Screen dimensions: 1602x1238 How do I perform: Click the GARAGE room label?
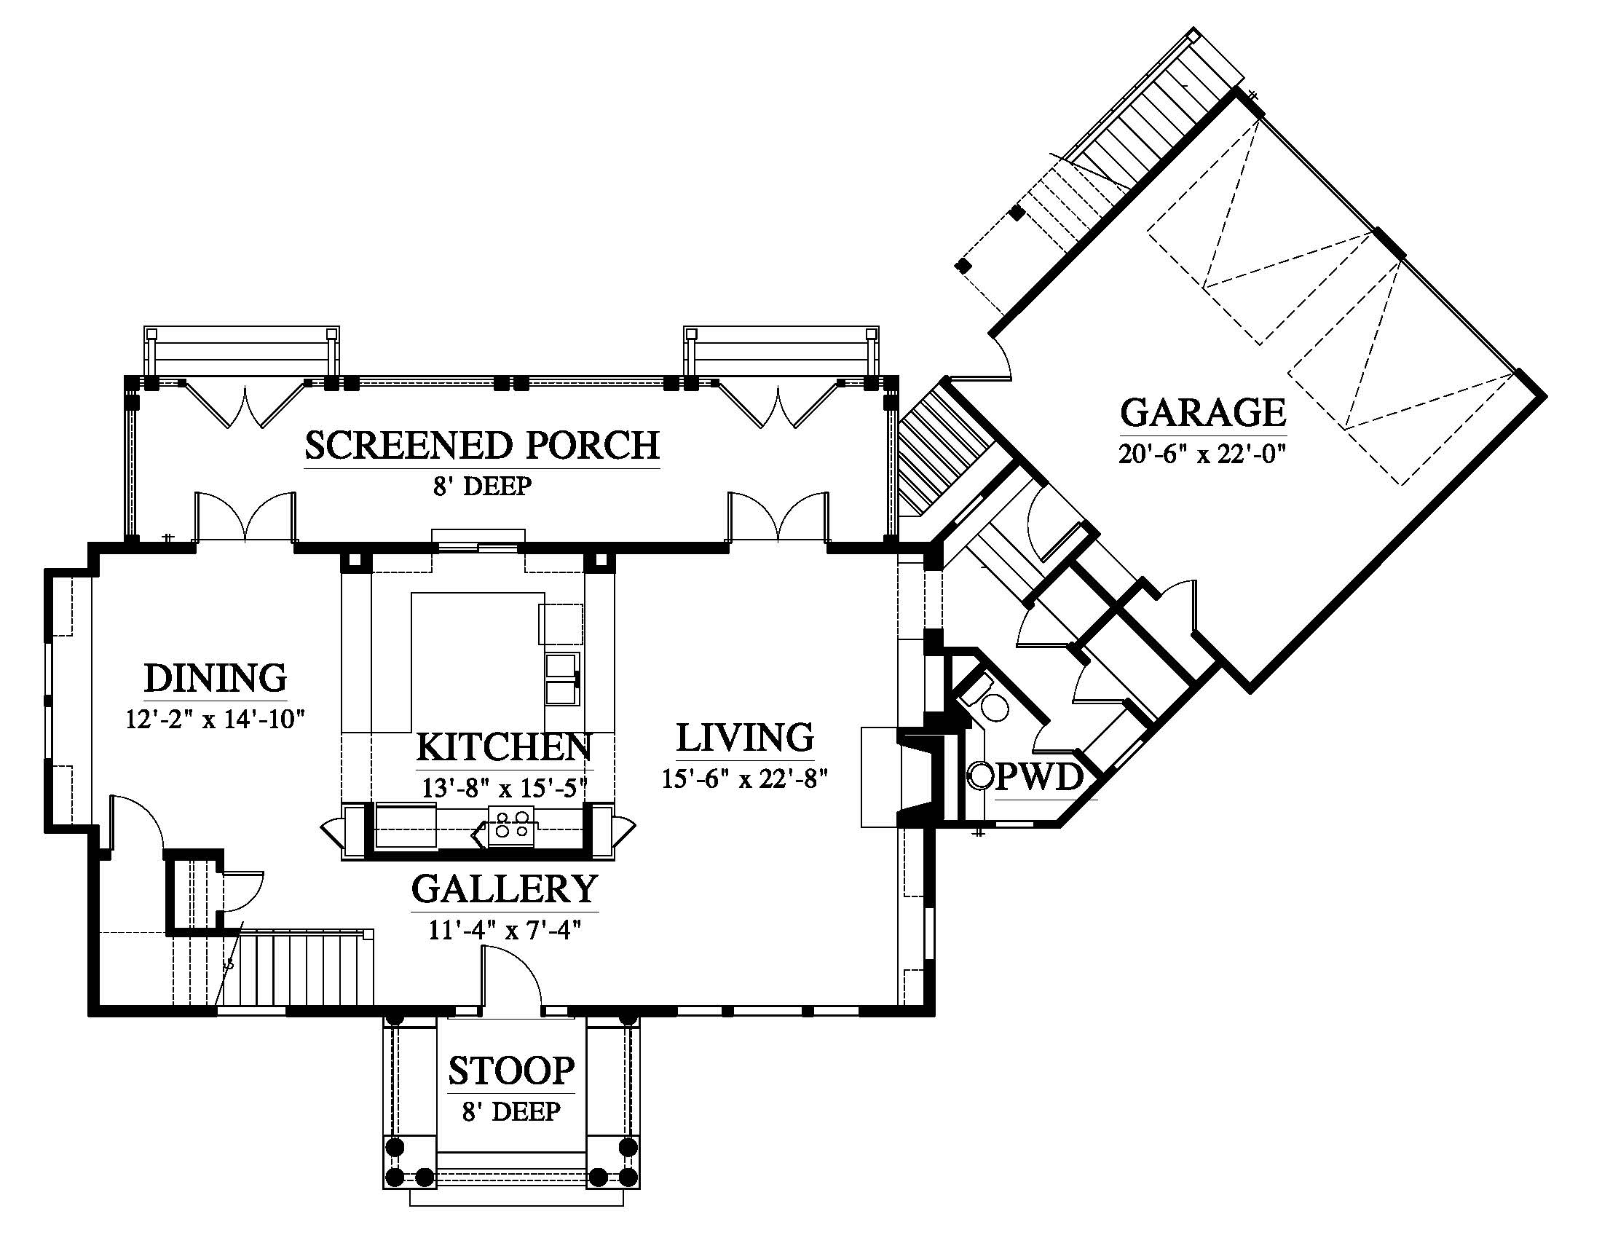(x=1203, y=412)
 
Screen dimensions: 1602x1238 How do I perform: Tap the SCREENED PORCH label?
(x=482, y=446)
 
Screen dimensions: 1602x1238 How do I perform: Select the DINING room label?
(x=215, y=678)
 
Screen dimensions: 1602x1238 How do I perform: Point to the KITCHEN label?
(x=504, y=747)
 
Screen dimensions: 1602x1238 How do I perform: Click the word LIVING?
(x=744, y=738)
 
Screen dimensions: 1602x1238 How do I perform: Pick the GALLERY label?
(x=505, y=889)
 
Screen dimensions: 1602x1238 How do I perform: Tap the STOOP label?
(x=511, y=1071)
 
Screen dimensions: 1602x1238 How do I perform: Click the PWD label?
(x=1038, y=778)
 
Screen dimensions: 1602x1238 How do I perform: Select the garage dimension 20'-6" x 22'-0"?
(x=1203, y=454)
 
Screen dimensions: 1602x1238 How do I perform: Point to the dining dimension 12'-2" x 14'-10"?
(x=215, y=719)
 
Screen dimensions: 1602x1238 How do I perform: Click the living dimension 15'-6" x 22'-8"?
(x=744, y=779)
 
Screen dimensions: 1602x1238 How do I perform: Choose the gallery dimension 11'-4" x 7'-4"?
(x=505, y=931)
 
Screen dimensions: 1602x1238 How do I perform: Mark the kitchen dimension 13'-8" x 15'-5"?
(x=505, y=789)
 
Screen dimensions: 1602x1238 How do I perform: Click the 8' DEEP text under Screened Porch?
(x=482, y=486)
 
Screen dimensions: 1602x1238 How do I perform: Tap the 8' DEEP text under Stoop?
(x=511, y=1112)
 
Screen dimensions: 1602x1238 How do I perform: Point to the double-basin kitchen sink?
(x=563, y=679)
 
